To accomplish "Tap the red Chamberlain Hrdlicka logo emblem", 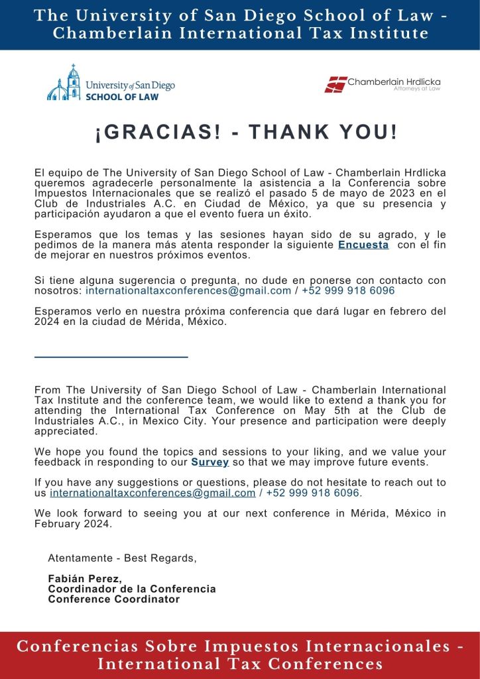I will click(x=336, y=84).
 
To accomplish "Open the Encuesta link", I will click(x=363, y=245).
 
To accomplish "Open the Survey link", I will click(x=210, y=462).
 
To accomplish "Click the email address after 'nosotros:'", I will click(x=188, y=290).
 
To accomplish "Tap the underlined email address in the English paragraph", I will click(x=152, y=493).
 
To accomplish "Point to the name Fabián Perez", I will click(x=85, y=578).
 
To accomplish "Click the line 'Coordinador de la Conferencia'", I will click(x=132, y=589).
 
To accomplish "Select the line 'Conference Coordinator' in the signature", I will click(x=114, y=599).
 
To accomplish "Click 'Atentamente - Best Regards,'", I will click(x=122, y=558).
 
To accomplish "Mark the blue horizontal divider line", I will click(x=111, y=357).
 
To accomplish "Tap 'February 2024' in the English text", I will click(x=74, y=524).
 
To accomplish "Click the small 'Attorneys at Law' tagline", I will click(x=417, y=88).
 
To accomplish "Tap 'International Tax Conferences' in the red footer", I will click(x=240, y=664).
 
